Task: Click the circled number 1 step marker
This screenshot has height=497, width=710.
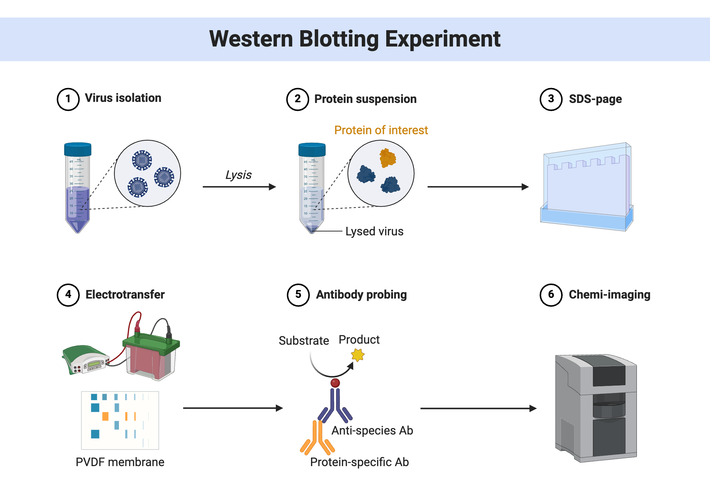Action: click(68, 99)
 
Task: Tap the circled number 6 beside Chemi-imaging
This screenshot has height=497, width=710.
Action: click(551, 295)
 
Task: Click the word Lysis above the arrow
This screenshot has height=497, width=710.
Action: click(239, 175)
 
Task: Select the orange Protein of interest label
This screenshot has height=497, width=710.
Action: click(381, 130)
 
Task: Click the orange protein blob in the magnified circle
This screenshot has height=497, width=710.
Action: click(387, 158)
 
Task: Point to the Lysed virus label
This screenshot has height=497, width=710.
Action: click(374, 231)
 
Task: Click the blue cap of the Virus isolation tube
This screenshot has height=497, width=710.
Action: click(78, 149)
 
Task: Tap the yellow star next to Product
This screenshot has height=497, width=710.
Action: click(358, 355)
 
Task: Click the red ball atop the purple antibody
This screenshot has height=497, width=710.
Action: click(335, 383)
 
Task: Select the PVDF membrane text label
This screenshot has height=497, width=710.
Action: click(120, 462)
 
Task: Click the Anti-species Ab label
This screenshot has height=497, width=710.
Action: click(372, 431)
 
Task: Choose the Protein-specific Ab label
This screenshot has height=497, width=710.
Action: click(359, 462)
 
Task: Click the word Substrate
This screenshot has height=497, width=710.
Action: click(304, 341)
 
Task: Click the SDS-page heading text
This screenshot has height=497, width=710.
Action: click(595, 99)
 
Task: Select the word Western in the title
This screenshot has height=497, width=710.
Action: click(251, 39)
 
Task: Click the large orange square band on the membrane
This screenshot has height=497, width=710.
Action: click(105, 416)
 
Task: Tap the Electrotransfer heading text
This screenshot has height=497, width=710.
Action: click(125, 295)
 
